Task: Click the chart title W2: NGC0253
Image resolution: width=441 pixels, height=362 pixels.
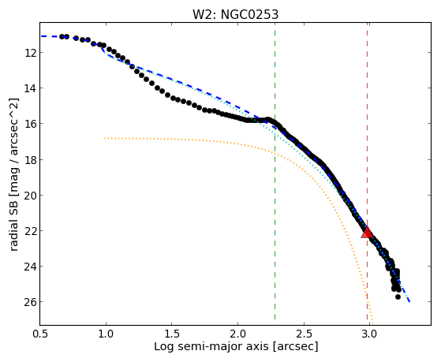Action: [235, 15]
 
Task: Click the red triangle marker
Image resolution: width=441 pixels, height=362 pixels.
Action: [367, 233]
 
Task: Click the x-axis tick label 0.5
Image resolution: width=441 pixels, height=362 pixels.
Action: [39, 334]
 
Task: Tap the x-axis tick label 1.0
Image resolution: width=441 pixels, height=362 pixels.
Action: [106, 334]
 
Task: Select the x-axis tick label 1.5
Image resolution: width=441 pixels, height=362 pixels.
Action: [172, 334]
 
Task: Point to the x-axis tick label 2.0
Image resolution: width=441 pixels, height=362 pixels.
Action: [237, 334]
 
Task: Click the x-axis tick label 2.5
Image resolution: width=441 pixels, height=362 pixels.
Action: [304, 334]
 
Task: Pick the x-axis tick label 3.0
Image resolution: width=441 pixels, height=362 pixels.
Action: [369, 334]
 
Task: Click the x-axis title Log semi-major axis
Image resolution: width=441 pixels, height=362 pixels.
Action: [211, 347]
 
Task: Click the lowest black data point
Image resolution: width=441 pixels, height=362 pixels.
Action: [398, 297]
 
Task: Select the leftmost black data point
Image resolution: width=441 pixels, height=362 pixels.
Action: [62, 36]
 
